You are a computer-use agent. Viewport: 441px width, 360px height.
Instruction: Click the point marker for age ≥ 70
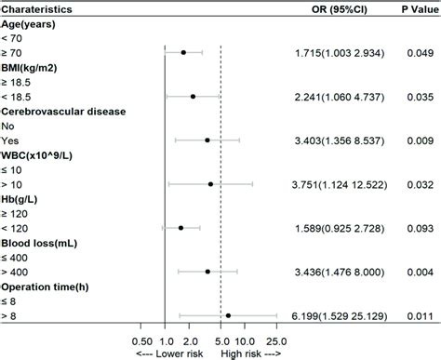coord(183,53)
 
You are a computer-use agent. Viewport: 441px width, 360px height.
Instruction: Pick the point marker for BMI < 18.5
coord(193,96)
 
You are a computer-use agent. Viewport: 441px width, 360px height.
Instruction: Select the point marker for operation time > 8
coord(228,315)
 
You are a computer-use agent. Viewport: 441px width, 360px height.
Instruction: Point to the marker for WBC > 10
coord(210,184)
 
